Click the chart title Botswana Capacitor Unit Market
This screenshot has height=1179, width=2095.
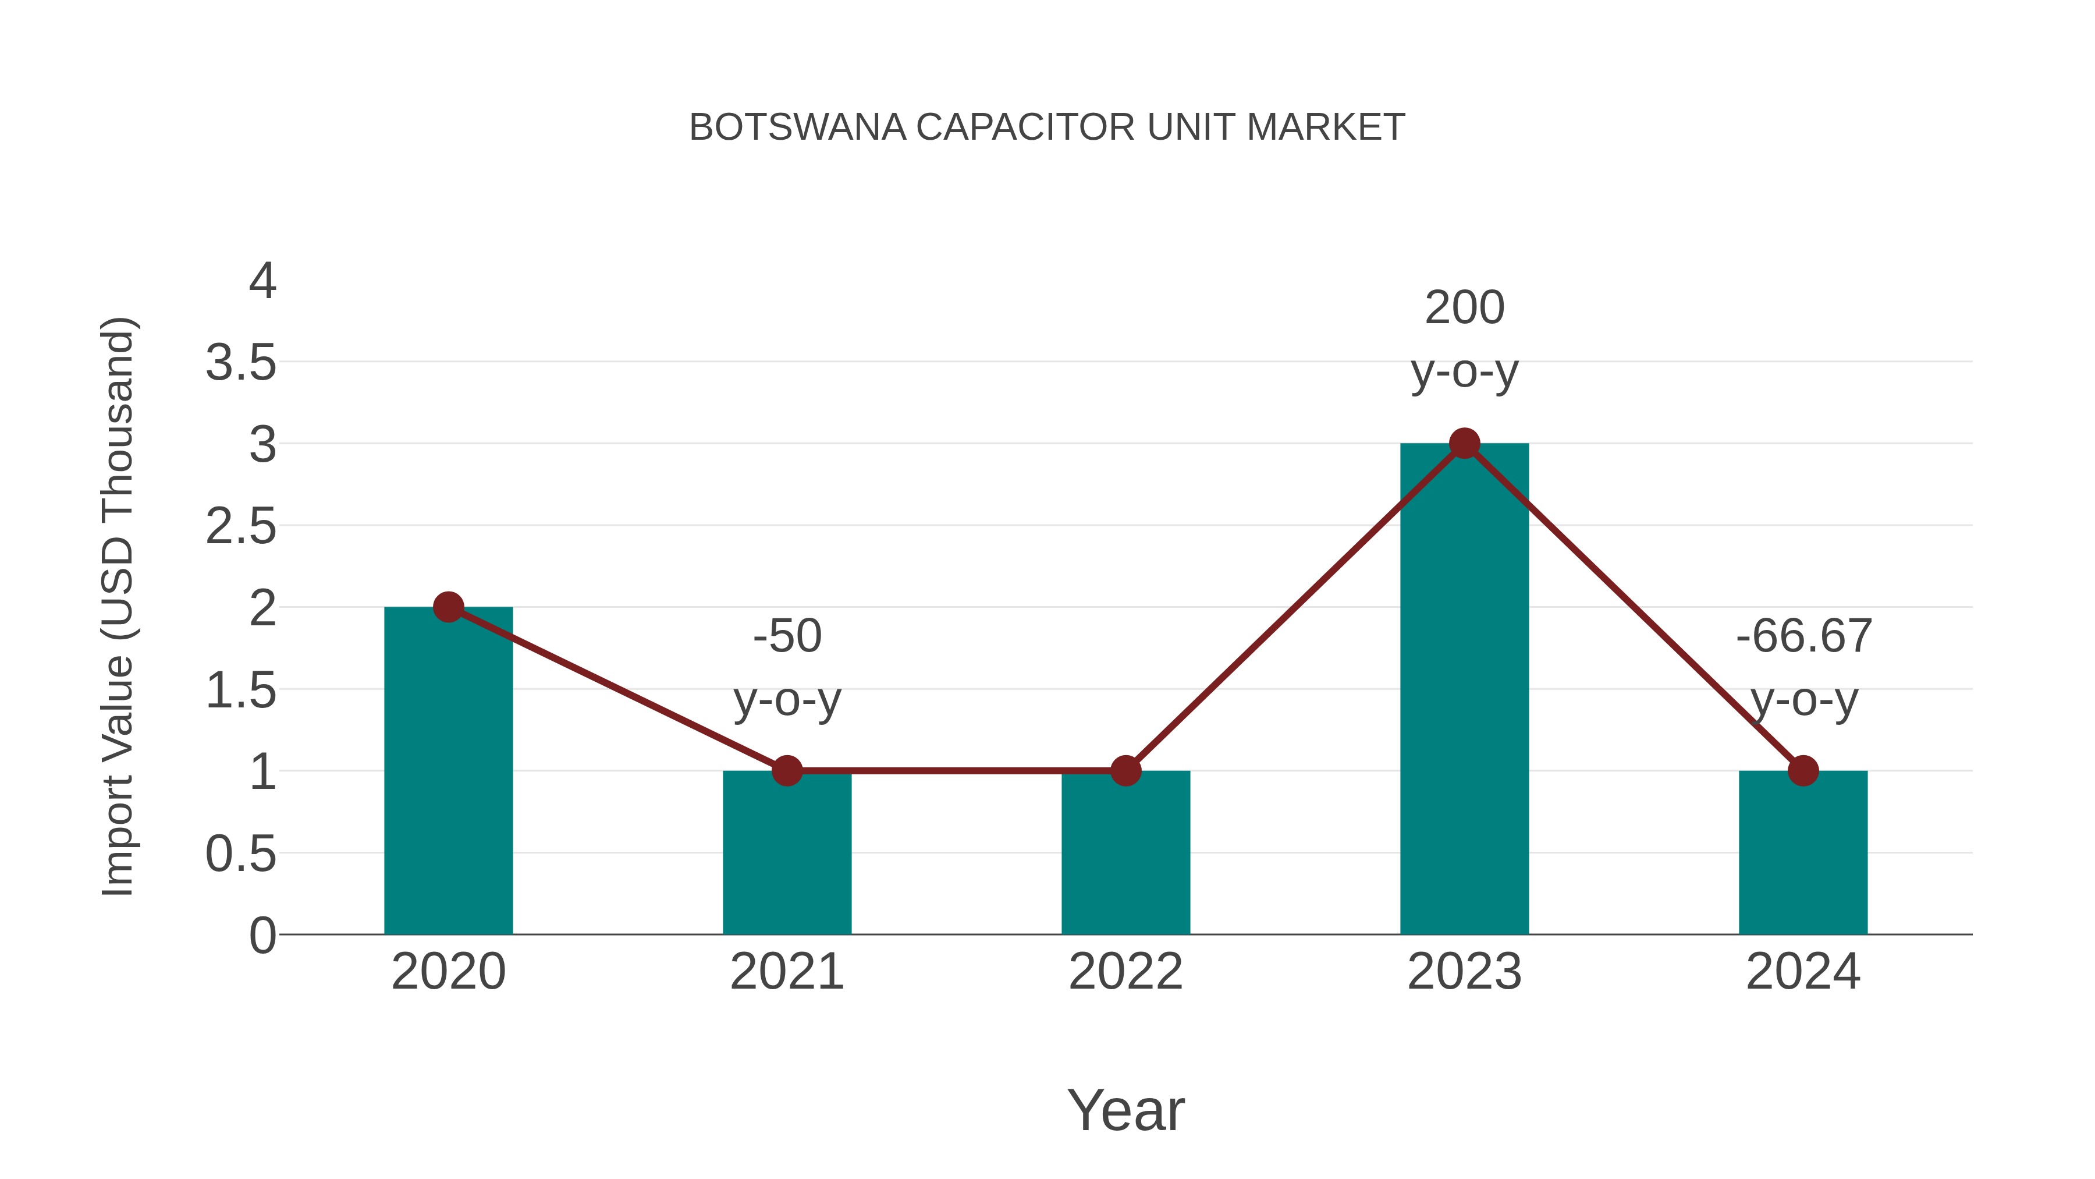tap(1047, 128)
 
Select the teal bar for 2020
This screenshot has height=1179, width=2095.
tap(448, 781)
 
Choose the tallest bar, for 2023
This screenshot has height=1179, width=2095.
tap(1464, 700)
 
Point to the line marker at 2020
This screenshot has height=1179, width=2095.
tap(448, 607)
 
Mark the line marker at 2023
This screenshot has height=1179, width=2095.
tap(1464, 444)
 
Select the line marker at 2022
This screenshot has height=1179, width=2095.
tap(1125, 770)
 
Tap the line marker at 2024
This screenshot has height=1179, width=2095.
tap(1803, 770)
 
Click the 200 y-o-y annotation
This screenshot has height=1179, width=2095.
tap(1464, 339)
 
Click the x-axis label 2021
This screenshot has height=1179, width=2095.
tap(786, 972)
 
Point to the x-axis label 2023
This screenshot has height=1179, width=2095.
tap(1464, 972)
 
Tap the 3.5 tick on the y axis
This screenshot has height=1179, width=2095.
tap(241, 363)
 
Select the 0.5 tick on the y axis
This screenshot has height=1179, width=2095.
tap(241, 854)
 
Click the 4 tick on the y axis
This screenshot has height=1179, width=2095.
tap(262, 282)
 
